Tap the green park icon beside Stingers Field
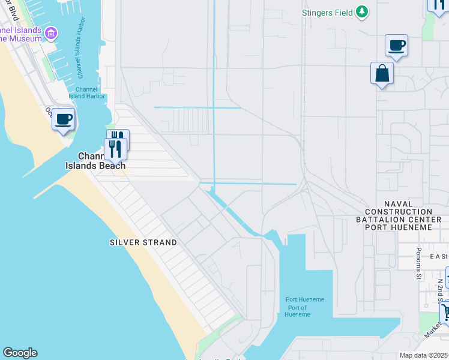click(x=362, y=11)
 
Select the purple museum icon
click(x=52, y=32)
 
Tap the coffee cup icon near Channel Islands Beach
click(x=64, y=119)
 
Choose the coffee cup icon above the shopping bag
click(x=396, y=45)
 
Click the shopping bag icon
click(x=382, y=74)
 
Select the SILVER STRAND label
click(x=143, y=242)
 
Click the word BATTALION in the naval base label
click(x=398, y=220)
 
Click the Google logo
click(x=20, y=353)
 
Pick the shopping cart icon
click(x=445, y=312)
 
